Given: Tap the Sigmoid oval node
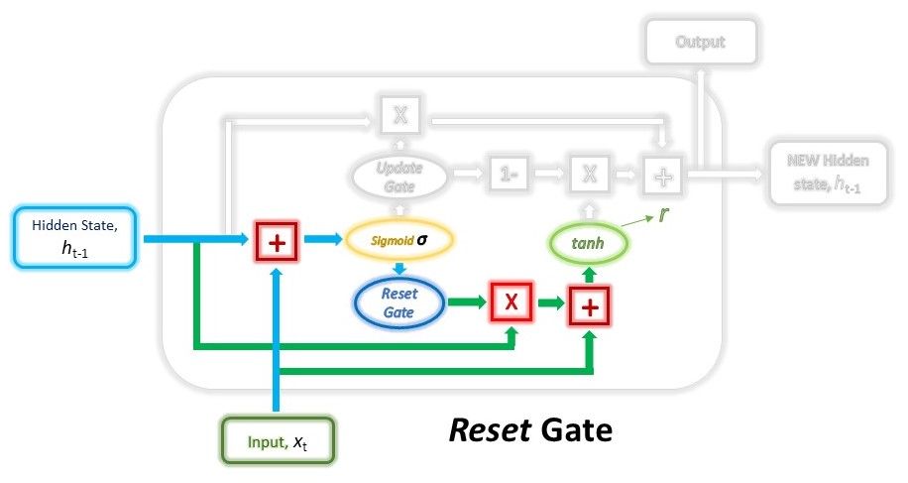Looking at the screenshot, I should tap(399, 239).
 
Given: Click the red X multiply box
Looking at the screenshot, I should tap(511, 302).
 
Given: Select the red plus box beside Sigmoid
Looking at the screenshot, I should tap(277, 240).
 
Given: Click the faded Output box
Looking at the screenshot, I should tap(700, 43).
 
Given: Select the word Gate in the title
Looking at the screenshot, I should tap(575, 432).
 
